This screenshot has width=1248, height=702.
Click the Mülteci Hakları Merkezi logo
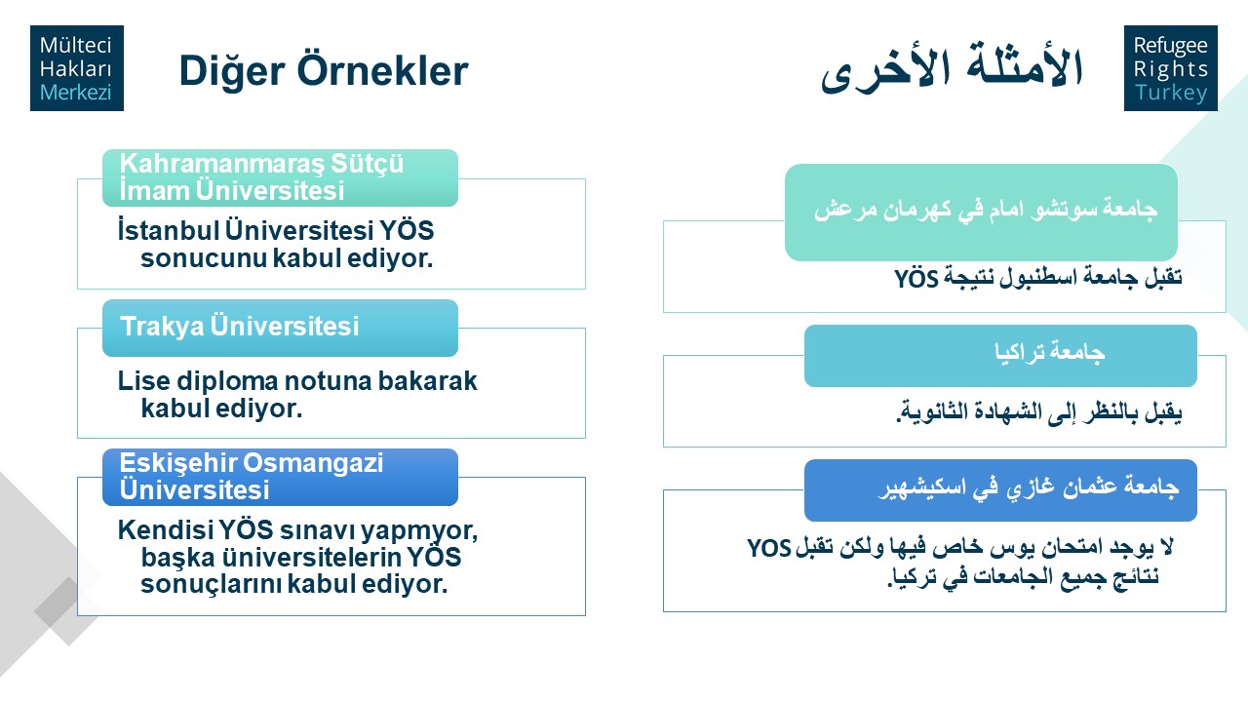point(77,68)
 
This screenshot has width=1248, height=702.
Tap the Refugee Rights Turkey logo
point(1171,68)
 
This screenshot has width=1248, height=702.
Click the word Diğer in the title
point(232,72)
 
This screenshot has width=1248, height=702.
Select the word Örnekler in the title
point(383,70)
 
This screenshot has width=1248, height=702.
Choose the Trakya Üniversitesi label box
point(280,328)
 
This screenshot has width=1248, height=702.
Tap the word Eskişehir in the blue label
point(176,463)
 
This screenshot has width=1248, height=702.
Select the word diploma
point(228,382)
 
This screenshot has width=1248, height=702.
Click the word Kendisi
point(164,529)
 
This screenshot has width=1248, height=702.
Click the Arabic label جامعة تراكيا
point(1050,353)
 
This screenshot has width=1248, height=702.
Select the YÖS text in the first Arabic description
point(917,278)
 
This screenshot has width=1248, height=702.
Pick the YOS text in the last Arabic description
point(769,548)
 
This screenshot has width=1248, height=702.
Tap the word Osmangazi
point(313,463)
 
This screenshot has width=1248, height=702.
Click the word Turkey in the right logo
point(1171,93)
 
